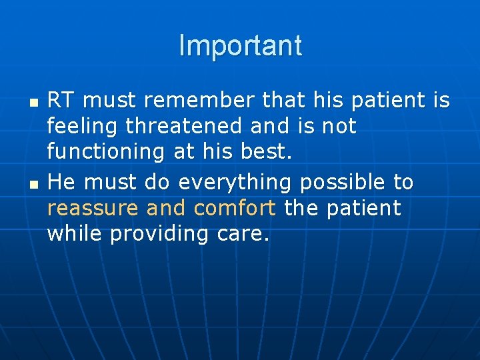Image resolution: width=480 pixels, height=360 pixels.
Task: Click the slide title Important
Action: (240, 46)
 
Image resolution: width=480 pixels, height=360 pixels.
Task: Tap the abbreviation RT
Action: (61, 101)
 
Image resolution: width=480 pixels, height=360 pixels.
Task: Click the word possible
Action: (343, 182)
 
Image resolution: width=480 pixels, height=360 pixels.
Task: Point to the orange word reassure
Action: (93, 208)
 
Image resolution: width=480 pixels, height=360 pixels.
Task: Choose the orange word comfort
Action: (235, 208)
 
